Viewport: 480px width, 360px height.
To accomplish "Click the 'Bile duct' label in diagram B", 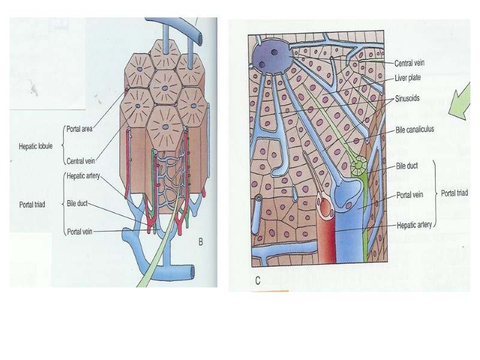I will pos(78,203).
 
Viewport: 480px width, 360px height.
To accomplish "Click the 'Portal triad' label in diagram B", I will pos(31,203).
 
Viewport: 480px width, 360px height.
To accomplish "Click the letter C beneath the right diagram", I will pos(257,280).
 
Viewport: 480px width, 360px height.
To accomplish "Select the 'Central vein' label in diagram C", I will pos(410,62).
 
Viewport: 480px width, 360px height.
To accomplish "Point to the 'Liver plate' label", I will pos(408,78).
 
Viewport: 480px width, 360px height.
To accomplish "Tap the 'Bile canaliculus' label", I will pos(415,128).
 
